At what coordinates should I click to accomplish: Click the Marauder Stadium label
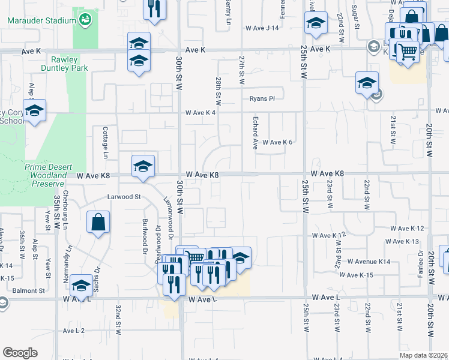(x=41, y=20)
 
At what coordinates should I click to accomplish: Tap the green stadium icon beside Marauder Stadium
(x=86, y=20)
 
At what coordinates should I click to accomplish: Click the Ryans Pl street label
(x=262, y=99)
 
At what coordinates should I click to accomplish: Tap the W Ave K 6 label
(x=277, y=142)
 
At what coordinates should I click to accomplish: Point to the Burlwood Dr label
(x=145, y=228)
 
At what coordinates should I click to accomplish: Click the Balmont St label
(x=29, y=290)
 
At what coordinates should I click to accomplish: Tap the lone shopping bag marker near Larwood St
(x=98, y=223)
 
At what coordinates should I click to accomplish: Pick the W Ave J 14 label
(x=262, y=28)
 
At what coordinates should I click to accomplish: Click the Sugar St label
(x=355, y=21)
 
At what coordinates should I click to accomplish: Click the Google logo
(x=20, y=352)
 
